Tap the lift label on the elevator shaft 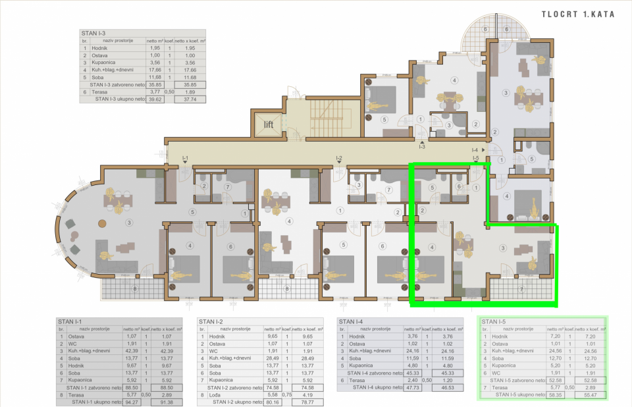point(269,124)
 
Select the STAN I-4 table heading point(350,321)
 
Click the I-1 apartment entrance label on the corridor point(186,159)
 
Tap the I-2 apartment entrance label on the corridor point(338,159)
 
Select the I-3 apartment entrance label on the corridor point(422,146)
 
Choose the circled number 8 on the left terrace point(135,288)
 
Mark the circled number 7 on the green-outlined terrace point(521,288)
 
